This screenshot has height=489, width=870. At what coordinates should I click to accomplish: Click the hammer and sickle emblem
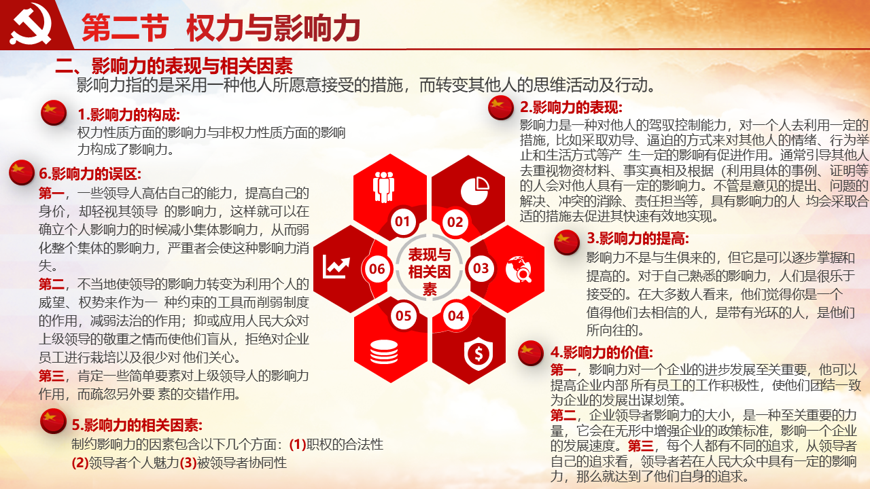[x=31, y=24]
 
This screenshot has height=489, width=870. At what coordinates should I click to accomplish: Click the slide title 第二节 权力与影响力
[x=221, y=28]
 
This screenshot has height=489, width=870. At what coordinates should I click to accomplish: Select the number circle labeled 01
[x=403, y=221]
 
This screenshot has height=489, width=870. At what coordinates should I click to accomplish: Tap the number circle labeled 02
[x=455, y=222]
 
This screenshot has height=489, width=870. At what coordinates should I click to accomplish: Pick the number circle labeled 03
[x=481, y=268]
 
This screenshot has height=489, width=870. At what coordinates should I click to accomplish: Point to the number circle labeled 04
[x=455, y=316]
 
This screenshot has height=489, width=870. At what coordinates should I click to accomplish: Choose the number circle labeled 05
[x=404, y=316]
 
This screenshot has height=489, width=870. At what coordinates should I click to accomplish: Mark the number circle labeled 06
[x=377, y=268]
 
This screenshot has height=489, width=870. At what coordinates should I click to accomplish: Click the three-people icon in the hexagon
[x=384, y=187]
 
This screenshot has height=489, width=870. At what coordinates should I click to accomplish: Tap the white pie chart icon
[x=475, y=191]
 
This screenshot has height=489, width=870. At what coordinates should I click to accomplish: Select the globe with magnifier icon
[x=519, y=268]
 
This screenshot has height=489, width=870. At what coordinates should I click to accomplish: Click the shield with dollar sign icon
[x=478, y=354]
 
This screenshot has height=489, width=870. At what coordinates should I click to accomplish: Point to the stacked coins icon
[x=384, y=352]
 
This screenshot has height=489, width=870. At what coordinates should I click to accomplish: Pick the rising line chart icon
[x=336, y=267]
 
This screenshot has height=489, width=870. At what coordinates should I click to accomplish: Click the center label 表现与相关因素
[x=429, y=272]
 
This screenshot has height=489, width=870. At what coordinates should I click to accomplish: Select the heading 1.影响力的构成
[x=129, y=115]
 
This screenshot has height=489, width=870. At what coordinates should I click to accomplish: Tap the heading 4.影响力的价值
[x=602, y=352]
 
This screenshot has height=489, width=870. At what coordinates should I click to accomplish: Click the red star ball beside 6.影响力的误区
[x=22, y=173]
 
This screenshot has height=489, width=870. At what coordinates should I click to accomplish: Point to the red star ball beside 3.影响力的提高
[x=567, y=242]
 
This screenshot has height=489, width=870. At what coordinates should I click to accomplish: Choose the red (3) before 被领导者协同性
[x=188, y=463]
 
